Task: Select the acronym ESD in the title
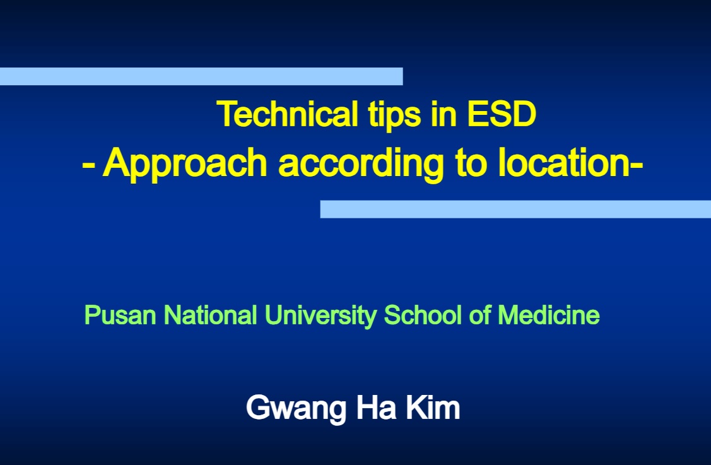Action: (502, 114)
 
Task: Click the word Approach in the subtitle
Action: (185, 164)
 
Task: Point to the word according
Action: (361, 164)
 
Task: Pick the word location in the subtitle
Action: (563, 162)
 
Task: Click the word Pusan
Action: (120, 315)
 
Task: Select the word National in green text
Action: (211, 315)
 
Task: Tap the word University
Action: (320, 315)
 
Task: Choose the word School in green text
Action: (423, 315)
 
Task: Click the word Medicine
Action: (549, 315)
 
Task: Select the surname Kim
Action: (433, 407)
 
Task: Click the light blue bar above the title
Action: (201, 76)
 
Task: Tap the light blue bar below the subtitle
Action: (515, 209)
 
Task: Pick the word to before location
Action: (471, 163)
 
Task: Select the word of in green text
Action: (479, 315)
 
